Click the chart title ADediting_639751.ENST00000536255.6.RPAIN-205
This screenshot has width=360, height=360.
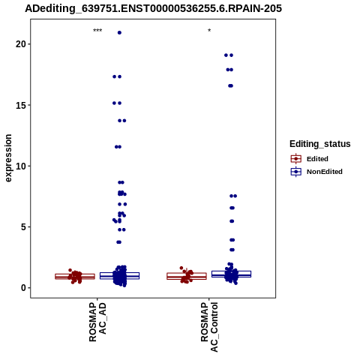[153, 8]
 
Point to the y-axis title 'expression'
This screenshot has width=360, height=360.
[8, 158]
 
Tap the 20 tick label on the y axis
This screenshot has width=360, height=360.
[21, 44]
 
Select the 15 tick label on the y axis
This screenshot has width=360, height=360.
[21, 105]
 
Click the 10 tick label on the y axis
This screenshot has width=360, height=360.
[21, 166]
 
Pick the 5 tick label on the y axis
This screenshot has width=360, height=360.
[23, 227]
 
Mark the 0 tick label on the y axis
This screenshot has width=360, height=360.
[23, 288]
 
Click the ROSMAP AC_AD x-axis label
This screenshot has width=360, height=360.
[97, 322]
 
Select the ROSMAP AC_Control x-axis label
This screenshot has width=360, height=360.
[209, 327]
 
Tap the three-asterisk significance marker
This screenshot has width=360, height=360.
[97, 31]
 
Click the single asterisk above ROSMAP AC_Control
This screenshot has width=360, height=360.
[209, 31]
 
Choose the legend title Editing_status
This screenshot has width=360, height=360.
[320, 144]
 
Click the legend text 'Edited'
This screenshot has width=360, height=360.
[317, 159]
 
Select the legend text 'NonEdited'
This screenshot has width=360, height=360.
[325, 172]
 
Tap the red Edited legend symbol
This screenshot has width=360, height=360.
[296, 159]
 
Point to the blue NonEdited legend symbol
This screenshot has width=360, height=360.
[296, 172]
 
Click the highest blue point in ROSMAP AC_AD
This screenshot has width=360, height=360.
[119, 33]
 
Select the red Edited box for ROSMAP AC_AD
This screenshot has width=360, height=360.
[75, 276]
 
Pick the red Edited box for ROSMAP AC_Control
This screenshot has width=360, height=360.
[187, 276]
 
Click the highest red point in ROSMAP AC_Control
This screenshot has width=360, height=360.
[181, 268]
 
